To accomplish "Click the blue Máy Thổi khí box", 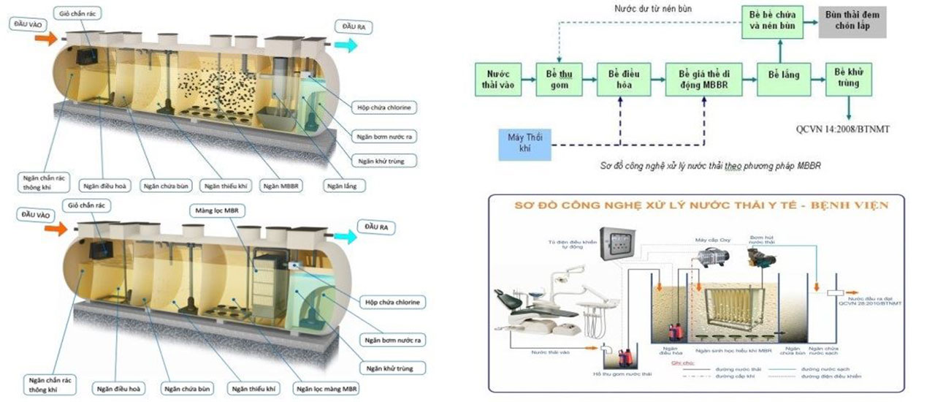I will [524, 143].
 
